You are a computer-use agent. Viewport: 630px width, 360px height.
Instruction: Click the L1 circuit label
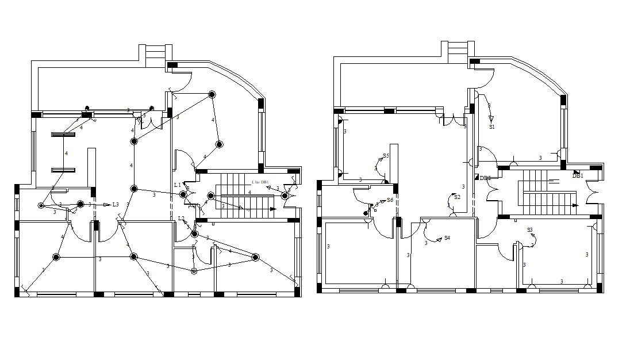(178, 185)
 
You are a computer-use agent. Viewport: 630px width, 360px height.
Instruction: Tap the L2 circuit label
(181, 219)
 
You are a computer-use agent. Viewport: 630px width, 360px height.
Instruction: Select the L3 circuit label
(116, 205)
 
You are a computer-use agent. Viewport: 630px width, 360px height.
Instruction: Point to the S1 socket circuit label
(492, 127)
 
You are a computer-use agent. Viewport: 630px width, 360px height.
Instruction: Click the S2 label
(457, 197)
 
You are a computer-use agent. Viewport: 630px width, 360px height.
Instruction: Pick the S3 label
(530, 230)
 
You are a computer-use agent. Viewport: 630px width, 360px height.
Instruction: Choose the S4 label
(447, 238)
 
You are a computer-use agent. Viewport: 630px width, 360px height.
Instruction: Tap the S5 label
(386, 156)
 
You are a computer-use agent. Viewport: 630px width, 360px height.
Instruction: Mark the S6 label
(390, 200)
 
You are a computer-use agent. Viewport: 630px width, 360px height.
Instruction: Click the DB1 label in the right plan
(578, 176)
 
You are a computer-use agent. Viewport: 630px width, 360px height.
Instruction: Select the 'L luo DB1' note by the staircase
(260, 182)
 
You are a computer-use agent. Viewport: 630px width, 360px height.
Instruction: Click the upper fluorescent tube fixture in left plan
(63, 135)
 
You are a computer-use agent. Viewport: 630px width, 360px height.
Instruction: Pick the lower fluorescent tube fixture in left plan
(63, 170)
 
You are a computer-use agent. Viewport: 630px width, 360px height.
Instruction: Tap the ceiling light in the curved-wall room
(212, 94)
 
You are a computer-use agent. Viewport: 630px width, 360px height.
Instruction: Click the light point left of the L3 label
(80, 204)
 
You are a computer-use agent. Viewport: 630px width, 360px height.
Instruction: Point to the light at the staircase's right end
(285, 196)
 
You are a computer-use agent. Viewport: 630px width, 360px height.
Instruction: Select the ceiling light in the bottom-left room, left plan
(56, 257)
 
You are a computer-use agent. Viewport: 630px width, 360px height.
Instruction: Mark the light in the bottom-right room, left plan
(256, 257)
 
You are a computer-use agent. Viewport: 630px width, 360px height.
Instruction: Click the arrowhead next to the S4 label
(439, 238)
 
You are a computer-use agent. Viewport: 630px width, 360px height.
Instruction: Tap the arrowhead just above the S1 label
(491, 118)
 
